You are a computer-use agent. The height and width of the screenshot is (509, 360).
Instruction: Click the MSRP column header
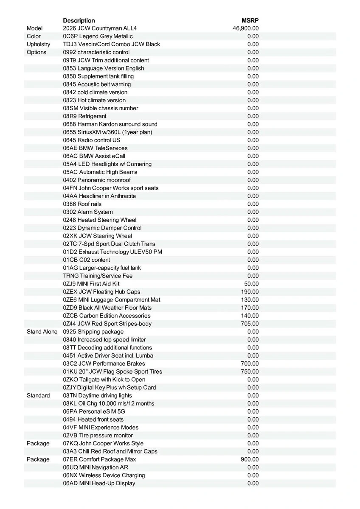click(x=250, y=20)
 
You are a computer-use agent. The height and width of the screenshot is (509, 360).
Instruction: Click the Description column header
click(x=79, y=20)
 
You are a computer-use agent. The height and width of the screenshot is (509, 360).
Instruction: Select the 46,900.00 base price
click(x=246, y=28)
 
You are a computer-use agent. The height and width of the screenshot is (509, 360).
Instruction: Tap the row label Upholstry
click(x=38, y=45)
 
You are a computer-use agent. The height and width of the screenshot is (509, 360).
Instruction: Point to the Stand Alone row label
click(x=42, y=332)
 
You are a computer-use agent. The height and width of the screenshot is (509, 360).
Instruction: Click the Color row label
click(x=34, y=36)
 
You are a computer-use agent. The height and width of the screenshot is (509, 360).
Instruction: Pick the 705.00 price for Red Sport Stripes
click(x=250, y=324)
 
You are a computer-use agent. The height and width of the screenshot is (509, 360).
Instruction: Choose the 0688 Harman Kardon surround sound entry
click(x=110, y=124)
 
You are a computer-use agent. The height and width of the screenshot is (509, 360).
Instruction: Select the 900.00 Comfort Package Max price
click(x=250, y=459)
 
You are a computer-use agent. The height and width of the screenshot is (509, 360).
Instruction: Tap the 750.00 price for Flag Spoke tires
click(x=250, y=372)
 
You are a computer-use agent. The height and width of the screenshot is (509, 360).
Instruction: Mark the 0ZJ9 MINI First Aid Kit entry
click(x=91, y=284)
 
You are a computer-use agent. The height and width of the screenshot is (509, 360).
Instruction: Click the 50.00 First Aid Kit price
click(x=251, y=284)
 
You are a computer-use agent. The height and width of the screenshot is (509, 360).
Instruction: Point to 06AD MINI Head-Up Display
click(x=99, y=484)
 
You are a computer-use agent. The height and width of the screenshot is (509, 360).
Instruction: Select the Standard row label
click(x=38, y=396)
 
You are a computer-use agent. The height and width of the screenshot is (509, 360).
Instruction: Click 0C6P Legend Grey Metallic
click(x=98, y=36)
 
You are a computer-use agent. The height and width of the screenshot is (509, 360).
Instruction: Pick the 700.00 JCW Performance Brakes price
click(x=250, y=364)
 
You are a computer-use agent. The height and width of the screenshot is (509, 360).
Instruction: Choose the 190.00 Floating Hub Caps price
click(x=250, y=292)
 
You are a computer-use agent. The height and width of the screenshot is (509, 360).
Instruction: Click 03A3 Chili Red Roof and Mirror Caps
click(x=110, y=451)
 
